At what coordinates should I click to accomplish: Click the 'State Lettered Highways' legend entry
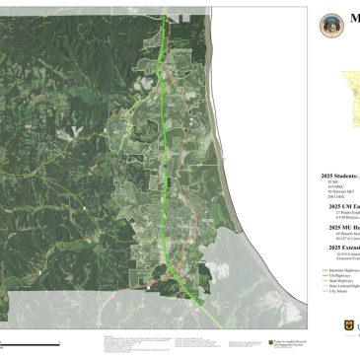[340, 287]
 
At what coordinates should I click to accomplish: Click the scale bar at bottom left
[30, 341]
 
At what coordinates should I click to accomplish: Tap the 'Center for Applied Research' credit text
[287, 342]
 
